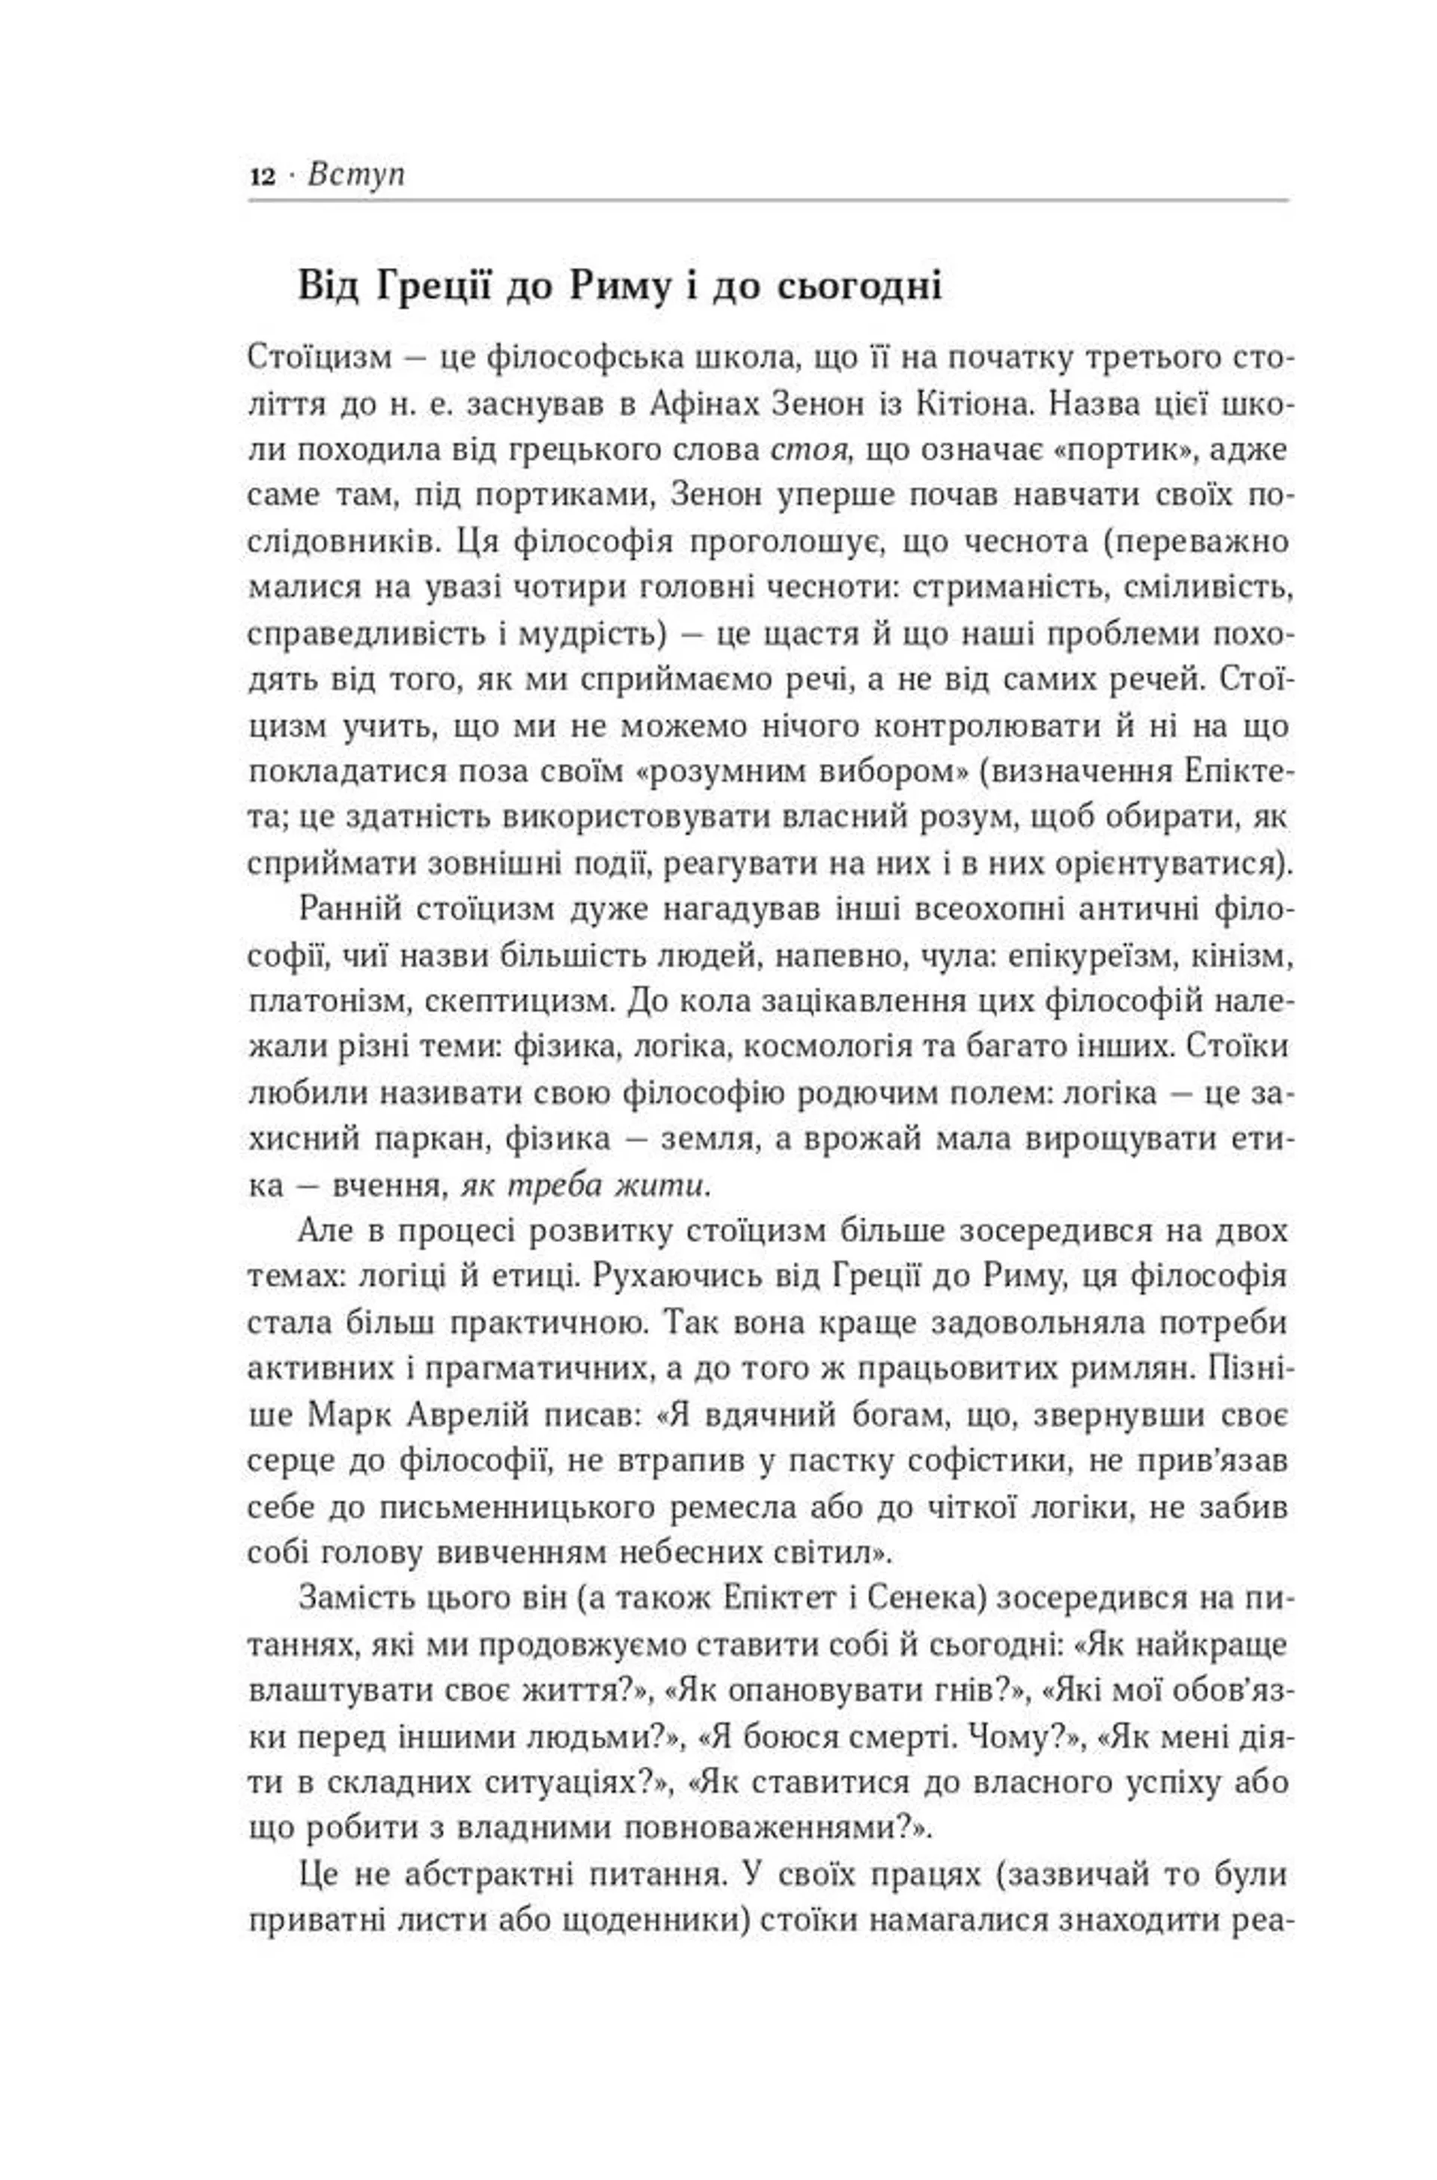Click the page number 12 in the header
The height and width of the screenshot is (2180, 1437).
point(262,176)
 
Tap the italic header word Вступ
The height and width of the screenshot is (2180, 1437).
point(356,174)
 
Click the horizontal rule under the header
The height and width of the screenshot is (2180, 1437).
point(768,200)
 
